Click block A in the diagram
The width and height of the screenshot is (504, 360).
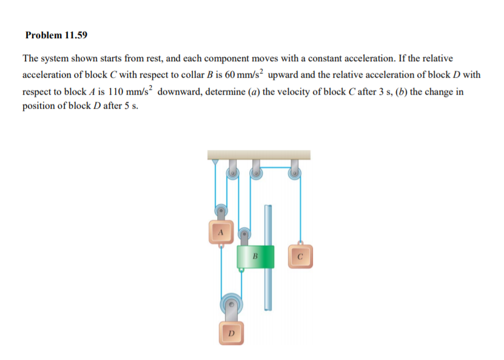(x=221, y=232)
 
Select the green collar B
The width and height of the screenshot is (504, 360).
(x=256, y=257)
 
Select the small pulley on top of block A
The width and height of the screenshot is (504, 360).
(x=222, y=211)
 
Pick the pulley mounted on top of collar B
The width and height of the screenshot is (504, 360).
(x=244, y=233)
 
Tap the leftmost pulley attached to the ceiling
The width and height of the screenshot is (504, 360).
(x=232, y=174)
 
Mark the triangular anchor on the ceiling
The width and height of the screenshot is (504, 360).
(x=214, y=162)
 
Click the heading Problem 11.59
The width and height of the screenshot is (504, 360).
(x=56, y=35)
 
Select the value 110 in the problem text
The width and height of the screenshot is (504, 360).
(x=116, y=92)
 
